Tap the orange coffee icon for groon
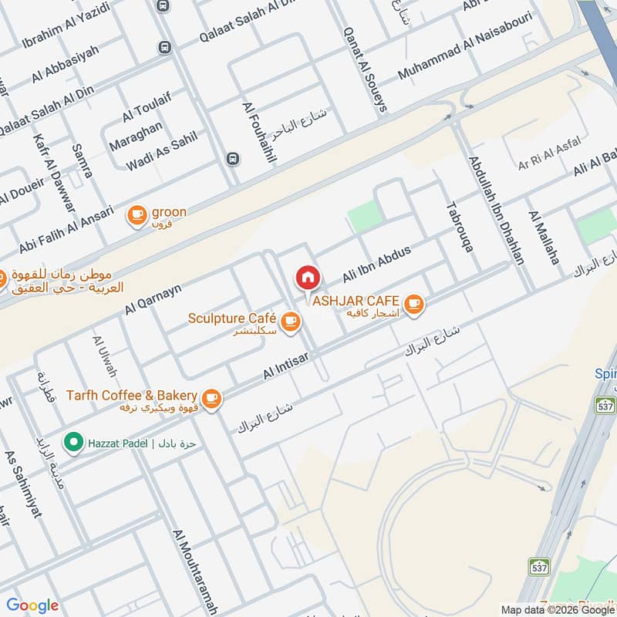137,215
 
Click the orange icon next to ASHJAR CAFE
414,305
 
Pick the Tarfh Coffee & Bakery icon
212,399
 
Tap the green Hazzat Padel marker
73,443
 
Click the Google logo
32,605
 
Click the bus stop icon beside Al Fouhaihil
232,159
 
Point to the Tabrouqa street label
458,228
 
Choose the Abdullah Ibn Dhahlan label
495,211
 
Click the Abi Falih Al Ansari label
56,231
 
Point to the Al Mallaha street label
543,238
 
